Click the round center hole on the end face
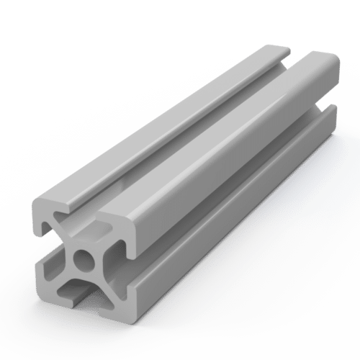tap(86, 258)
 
